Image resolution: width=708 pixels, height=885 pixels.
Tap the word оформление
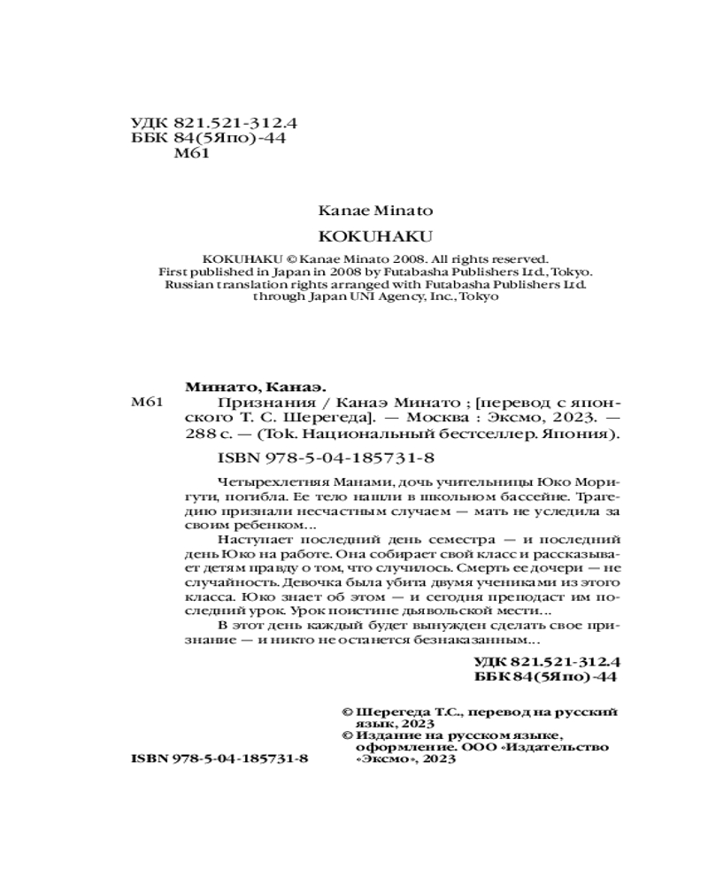pos(391,747)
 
